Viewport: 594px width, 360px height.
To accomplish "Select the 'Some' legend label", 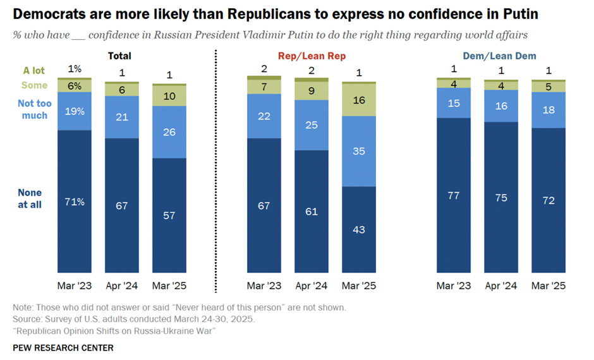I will pyautogui.click(x=35, y=85).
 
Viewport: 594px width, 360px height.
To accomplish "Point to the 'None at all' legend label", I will pyautogui.click(x=30, y=198).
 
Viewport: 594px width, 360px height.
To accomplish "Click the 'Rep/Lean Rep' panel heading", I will pyautogui.click(x=312, y=56).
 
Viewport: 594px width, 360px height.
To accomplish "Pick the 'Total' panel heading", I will pyautogui.click(x=119, y=56).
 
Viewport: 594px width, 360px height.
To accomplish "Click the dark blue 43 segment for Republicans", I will pyautogui.click(x=358, y=229).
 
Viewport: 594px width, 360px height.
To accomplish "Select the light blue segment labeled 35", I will pyautogui.click(x=358, y=152).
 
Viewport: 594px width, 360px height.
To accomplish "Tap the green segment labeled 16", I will pyautogui.click(x=358, y=100).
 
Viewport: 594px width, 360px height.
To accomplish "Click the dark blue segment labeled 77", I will pyautogui.click(x=454, y=196).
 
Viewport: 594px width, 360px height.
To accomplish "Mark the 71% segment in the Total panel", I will pyautogui.click(x=75, y=202).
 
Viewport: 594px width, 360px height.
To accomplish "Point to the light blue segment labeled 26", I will pyautogui.click(x=169, y=132).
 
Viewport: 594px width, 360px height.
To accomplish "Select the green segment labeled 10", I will pyautogui.click(x=169, y=95).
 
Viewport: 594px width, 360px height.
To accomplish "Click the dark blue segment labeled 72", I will pyautogui.click(x=549, y=200).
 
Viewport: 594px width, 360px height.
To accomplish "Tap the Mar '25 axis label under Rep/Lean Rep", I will pyautogui.click(x=358, y=286).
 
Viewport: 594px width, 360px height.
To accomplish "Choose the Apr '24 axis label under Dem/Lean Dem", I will pyautogui.click(x=501, y=286).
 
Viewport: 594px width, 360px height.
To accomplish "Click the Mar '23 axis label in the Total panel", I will pyautogui.click(x=75, y=286).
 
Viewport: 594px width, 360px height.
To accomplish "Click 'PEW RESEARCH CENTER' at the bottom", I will pyautogui.click(x=63, y=348).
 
